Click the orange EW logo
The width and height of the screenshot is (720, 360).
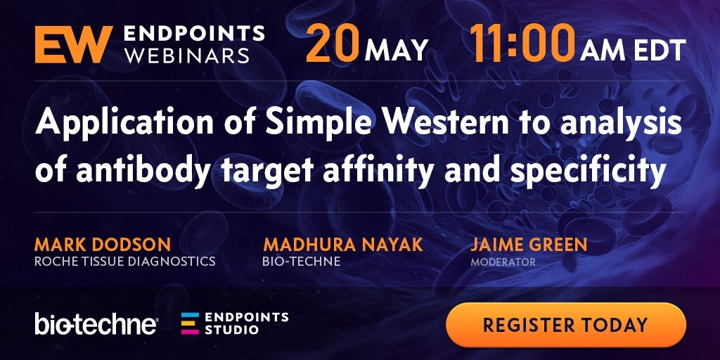74,44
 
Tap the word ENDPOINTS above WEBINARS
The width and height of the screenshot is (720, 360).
194,34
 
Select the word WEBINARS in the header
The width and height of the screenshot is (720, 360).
187,55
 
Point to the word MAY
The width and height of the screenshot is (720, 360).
397,50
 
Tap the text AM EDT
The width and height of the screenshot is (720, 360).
632,50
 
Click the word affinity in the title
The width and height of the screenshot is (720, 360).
378,169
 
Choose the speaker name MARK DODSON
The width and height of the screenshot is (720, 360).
103,244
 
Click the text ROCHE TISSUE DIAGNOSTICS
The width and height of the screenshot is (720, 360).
125,262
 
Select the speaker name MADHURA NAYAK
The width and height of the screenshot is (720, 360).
342,244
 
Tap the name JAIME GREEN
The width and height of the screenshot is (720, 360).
529,244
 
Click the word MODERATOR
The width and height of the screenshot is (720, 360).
503,262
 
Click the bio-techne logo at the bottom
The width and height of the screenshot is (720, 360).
96,323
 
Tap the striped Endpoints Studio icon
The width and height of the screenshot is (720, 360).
190,323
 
